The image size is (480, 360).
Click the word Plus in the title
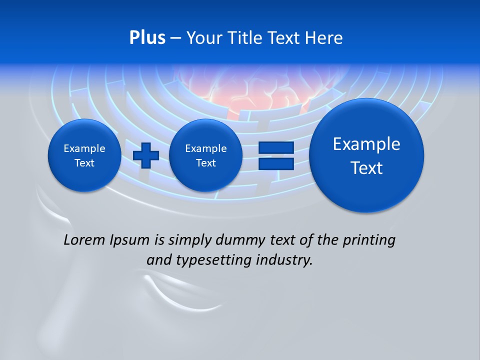tap(147, 38)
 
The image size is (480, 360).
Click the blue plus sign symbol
tap(146, 155)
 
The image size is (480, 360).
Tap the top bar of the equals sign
tap(276, 148)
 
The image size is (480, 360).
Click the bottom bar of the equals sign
tap(276, 163)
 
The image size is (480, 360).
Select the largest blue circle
tap(366, 155)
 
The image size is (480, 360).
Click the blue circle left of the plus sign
tap(84, 155)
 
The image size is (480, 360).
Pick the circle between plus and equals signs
tap(205, 155)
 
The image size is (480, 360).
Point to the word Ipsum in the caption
tap(131, 240)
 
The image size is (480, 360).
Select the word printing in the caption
tap(368, 240)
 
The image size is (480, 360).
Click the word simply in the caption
tap(189, 240)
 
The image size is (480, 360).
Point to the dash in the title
tap(175, 38)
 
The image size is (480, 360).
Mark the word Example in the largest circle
tap(366, 144)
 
